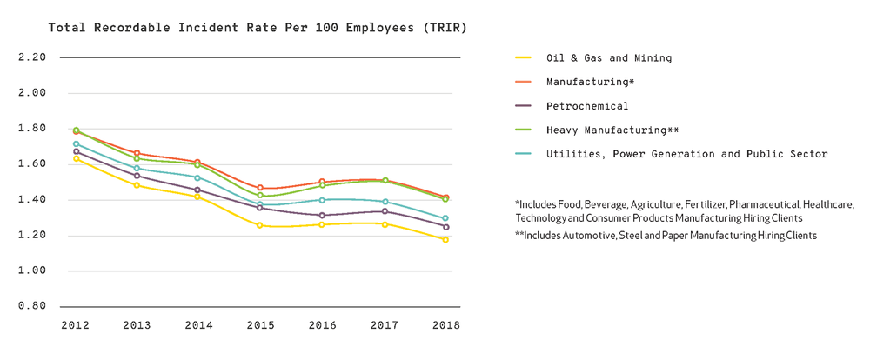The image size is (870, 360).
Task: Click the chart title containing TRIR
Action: click(258, 28)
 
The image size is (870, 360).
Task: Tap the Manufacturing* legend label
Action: click(590, 82)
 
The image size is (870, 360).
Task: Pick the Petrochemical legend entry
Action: click(587, 106)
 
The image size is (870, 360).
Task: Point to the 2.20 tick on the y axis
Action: click(32, 57)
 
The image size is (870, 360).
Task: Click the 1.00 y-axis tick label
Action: click(32, 270)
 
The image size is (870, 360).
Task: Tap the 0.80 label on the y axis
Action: click(32, 306)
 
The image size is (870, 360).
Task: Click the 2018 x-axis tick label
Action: click(445, 325)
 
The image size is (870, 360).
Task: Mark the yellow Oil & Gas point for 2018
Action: click(445, 239)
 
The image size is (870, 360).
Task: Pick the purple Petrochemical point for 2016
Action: click(322, 216)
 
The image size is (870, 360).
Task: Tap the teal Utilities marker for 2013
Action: click(137, 169)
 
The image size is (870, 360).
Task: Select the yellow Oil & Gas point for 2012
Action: click(76, 158)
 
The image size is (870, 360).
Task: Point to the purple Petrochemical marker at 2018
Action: click(445, 227)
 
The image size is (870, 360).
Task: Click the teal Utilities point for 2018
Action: click(445, 218)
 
